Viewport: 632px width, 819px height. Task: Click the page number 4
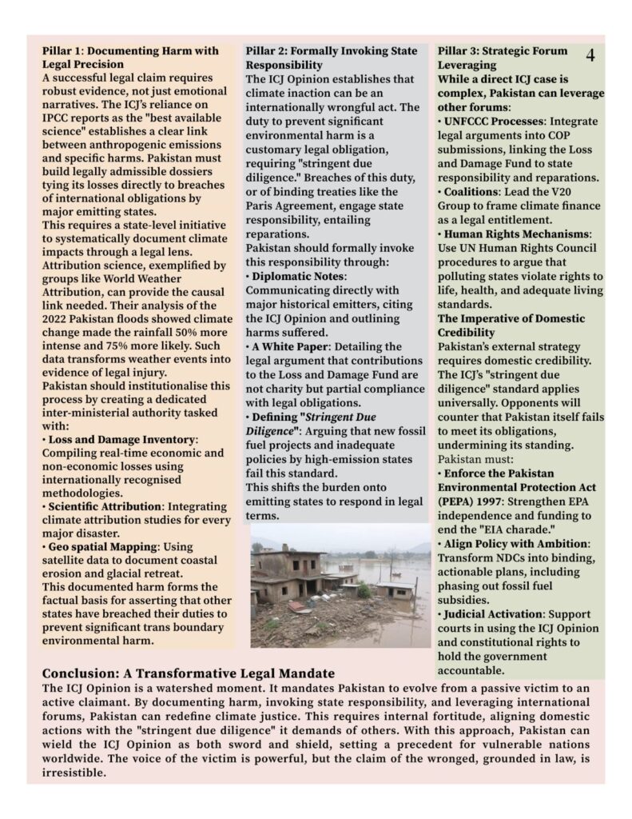pyautogui.click(x=590, y=56)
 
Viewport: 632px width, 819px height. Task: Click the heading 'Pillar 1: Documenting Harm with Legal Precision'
pyautogui.click(x=130, y=58)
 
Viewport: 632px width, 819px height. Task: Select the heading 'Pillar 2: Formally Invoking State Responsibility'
pyautogui.click(x=332, y=58)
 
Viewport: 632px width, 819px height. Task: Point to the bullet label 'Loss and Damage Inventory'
pyautogui.click(x=122, y=440)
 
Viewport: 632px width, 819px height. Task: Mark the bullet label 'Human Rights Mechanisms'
pyautogui.click(x=518, y=234)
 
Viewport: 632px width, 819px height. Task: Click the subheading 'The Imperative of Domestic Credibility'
pyautogui.click(x=511, y=325)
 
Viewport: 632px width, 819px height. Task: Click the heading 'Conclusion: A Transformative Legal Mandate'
pyautogui.click(x=189, y=673)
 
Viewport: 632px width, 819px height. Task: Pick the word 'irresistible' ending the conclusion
pyautogui.click(x=74, y=774)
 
